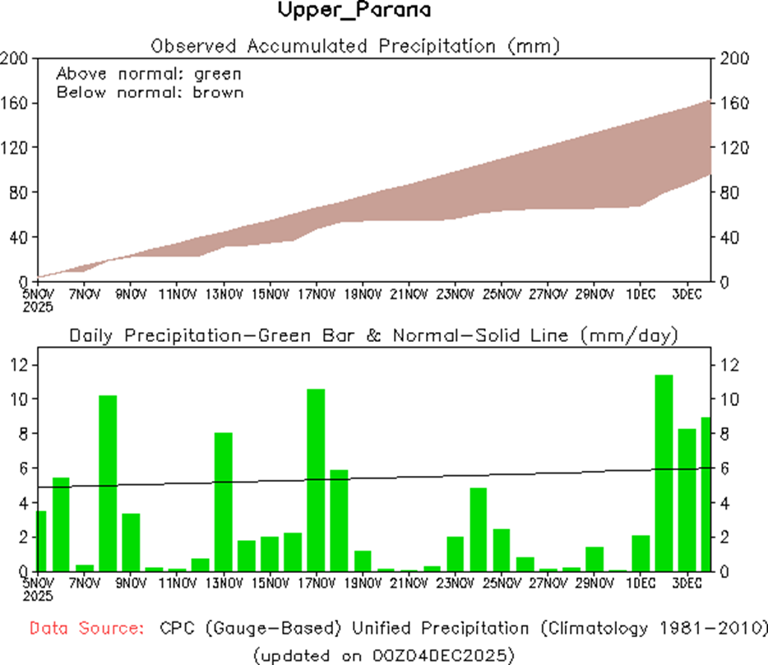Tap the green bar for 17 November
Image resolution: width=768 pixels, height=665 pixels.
coord(316,480)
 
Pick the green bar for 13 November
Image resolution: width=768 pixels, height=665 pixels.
coord(224,501)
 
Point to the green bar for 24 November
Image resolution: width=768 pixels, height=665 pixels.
coord(479,529)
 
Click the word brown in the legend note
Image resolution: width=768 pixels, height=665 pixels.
coord(219,92)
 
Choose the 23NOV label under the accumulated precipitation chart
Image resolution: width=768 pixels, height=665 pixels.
coord(456,293)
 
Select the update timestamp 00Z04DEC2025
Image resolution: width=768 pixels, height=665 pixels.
coord(443,655)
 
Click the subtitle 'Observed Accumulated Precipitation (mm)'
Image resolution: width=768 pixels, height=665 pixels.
coord(356,46)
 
